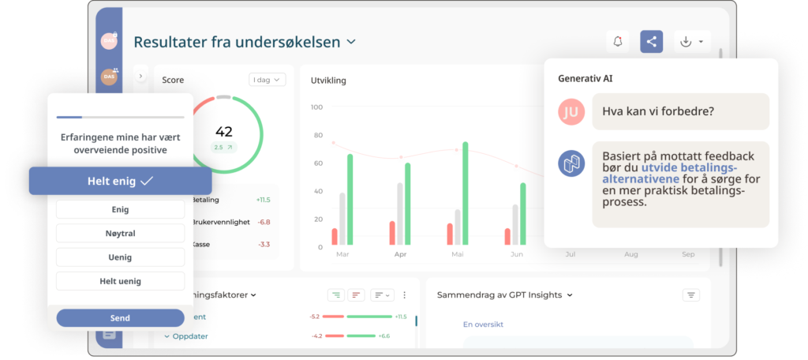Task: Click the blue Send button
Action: point(120,317)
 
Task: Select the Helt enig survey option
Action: point(120,181)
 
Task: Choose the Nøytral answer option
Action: point(120,234)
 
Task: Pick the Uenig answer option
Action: point(120,257)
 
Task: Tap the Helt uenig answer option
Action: point(120,281)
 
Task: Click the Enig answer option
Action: point(120,210)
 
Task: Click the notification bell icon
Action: point(617,42)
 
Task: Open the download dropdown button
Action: point(692,42)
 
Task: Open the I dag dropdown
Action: point(267,80)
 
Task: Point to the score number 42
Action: point(224,132)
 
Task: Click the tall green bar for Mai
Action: point(466,193)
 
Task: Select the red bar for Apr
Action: point(392,233)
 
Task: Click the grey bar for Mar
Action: point(342,219)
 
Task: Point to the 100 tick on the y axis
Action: point(316,107)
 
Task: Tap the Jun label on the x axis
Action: point(517,255)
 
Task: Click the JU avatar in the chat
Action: point(571,112)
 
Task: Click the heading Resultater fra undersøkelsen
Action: point(237,42)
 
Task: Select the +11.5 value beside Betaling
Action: point(264,200)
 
